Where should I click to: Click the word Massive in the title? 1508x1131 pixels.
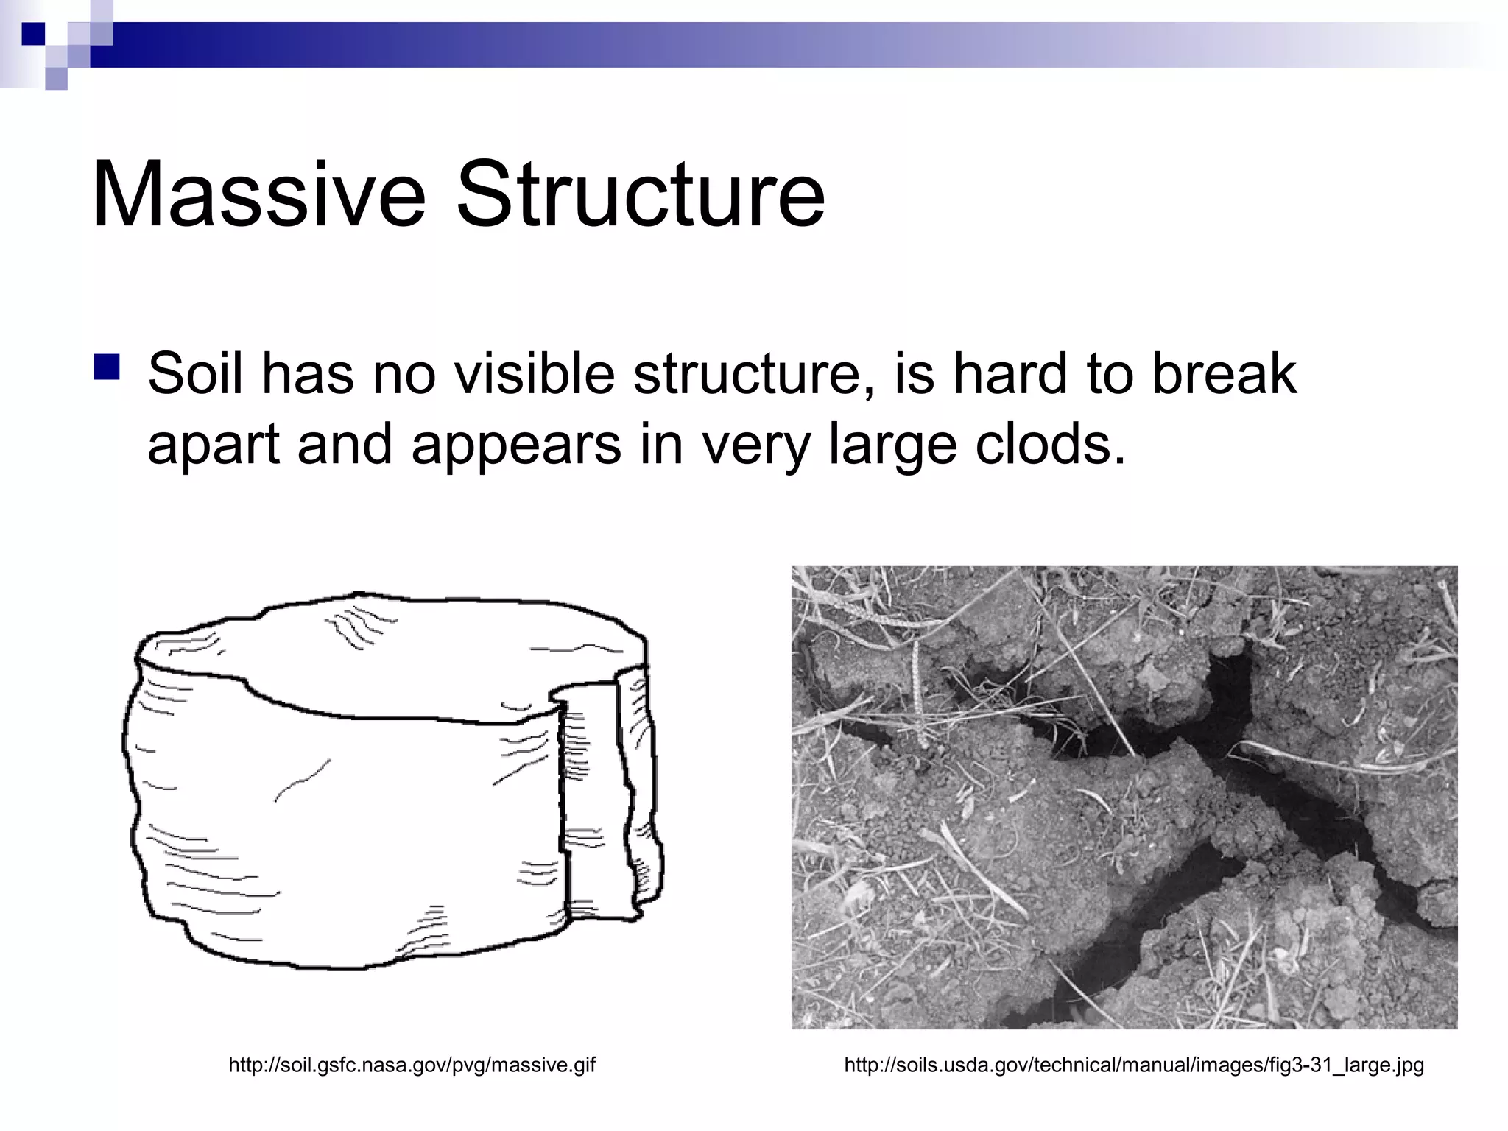[x=259, y=195]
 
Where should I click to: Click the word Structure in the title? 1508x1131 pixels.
[x=641, y=195]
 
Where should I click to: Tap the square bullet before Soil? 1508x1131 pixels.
[x=107, y=367]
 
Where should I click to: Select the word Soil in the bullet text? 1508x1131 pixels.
[x=195, y=374]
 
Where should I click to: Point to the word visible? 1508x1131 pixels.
[x=534, y=374]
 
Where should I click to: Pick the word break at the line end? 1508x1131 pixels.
[x=1223, y=374]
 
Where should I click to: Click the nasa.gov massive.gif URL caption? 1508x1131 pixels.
[x=412, y=1065]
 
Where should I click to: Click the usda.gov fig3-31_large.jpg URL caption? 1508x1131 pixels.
[x=1134, y=1065]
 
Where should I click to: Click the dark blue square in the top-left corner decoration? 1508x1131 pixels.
[x=34, y=34]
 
